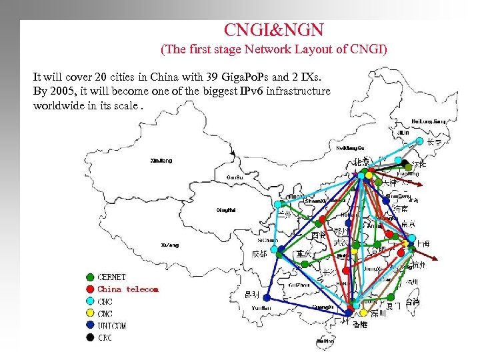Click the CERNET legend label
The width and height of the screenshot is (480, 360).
point(111,277)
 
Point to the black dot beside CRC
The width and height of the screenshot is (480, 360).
point(89,338)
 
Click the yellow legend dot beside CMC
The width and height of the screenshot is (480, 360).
point(89,314)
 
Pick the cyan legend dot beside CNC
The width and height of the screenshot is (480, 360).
point(89,301)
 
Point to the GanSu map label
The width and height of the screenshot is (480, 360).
point(234,177)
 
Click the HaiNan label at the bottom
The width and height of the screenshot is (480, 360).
point(326,341)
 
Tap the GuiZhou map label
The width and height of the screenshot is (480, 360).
point(298,284)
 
